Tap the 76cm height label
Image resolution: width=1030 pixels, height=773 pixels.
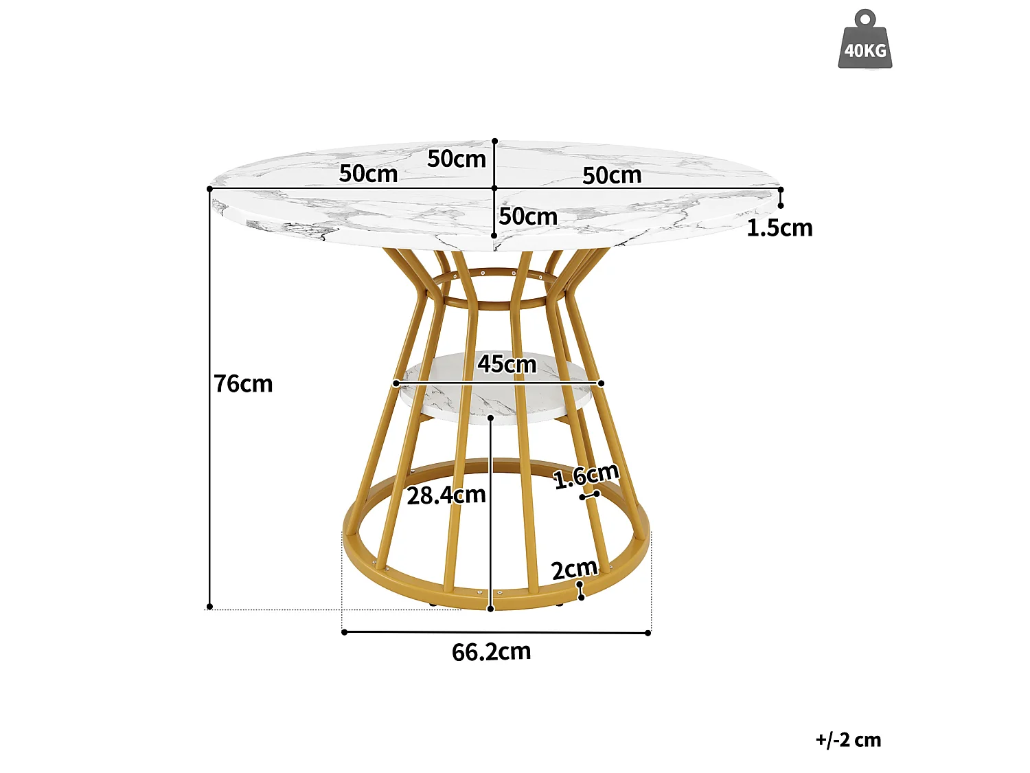(x=243, y=383)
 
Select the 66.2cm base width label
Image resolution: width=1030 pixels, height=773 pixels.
(x=491, y=651)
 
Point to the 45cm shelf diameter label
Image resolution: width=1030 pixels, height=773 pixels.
(x=507, y=363)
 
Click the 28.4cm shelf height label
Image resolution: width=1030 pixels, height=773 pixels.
(x=446, y=495)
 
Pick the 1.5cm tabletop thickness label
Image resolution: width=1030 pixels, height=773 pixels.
(x=779, y=227)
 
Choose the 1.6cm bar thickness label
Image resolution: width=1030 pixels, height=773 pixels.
(x=586, y=475)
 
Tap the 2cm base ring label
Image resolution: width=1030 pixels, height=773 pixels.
(x=574, y=570)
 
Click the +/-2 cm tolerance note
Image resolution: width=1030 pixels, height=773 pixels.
(x=849, y=740)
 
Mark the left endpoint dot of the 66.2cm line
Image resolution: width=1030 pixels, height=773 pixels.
(x=345, y=632)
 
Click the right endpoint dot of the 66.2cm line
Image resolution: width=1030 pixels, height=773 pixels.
(x=648, y=633)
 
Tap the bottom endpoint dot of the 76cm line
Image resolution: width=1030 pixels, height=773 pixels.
(x=209, y=607)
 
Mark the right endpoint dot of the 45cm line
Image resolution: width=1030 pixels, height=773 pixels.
(x=601, y=383)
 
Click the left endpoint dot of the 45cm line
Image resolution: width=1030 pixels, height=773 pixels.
(x=396, y=383)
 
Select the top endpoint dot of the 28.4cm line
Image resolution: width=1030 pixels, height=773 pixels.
(x=490, y=417)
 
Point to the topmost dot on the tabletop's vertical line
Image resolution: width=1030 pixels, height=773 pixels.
(x=494, y=141)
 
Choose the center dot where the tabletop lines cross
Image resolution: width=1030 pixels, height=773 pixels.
(x=494, y=188)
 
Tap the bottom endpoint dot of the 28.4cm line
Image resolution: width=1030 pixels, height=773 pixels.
(x=491, y=609)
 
